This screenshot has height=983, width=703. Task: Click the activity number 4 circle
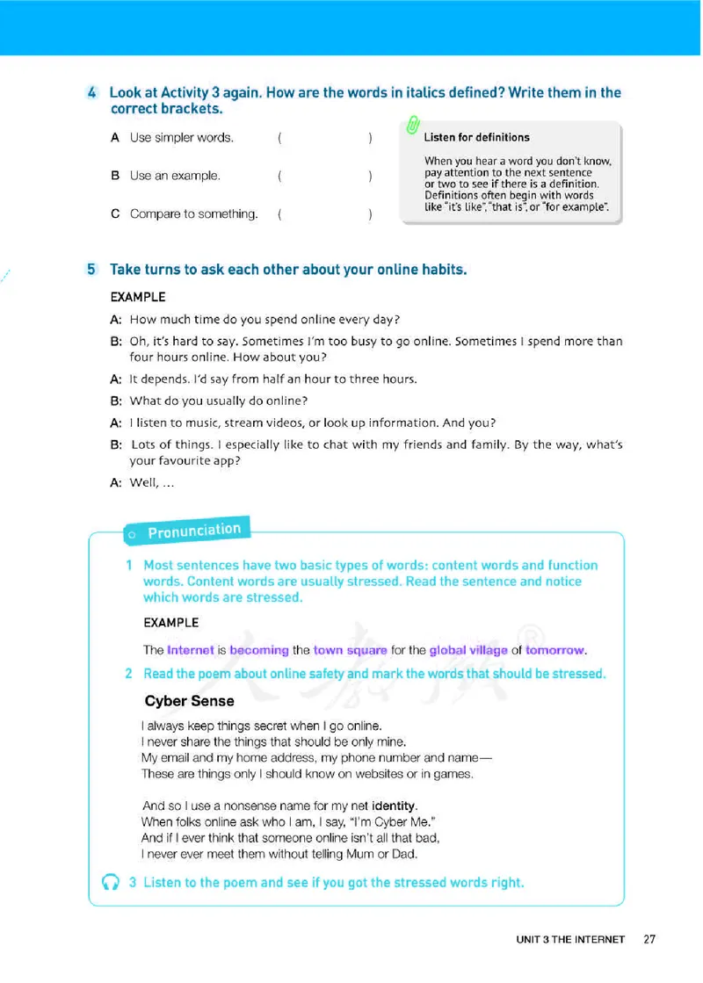pos(92,93)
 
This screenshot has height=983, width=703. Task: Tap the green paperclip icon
pos(412,126)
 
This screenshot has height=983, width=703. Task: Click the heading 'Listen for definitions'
pos(476,137)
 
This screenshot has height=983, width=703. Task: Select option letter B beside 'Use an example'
pos(115,176)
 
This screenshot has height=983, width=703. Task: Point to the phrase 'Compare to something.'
pos(193,213)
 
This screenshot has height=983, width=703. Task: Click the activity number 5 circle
pos(92,270)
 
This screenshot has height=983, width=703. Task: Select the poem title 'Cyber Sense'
pos(189,701)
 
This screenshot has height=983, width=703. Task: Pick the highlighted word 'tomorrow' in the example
pos(554,650)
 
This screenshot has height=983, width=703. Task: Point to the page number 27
pos(649,939)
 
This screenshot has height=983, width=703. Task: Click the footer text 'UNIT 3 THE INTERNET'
pos(570,940)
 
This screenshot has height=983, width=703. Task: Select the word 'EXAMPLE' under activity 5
pos(137,297)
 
